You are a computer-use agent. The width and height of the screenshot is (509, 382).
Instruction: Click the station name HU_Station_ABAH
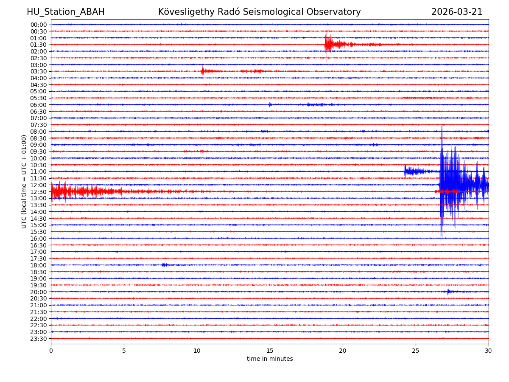pyautogui.click(x=65, y=12)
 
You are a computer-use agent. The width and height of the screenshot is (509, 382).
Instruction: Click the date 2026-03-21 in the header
pyautogui.click(x=457, y=12)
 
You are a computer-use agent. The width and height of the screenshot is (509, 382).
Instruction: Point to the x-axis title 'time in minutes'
pyautogui.click(x=270, y=359)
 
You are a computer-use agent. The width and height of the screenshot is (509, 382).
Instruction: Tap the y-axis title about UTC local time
pyautogui.click(x=24, y=181)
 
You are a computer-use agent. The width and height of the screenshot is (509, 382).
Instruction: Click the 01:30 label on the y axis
pyautogui.click(x=39, y=45)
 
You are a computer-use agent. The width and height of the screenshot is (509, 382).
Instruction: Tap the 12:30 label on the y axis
pyautogui.click(x=39, y=192)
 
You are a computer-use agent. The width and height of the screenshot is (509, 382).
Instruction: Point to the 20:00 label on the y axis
pyautogui.click(x=39, y=292)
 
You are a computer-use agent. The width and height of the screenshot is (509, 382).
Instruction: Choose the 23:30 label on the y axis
pyautogui.click(x=39, y=339)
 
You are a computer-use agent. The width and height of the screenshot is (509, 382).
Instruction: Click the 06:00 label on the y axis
pyautogui.click(x=39, y=105)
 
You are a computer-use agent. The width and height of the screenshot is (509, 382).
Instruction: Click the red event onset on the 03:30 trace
pyautogui.click(x=202, y=71)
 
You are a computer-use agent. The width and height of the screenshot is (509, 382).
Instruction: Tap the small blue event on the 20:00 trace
pyautogui.click(x=448, y=292)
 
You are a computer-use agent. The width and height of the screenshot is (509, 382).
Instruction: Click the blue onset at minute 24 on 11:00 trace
pyautogui.click(x=406, y=171)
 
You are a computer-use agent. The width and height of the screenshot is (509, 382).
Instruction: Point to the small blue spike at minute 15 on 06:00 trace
pyautogui.click(x=270, y=104)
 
